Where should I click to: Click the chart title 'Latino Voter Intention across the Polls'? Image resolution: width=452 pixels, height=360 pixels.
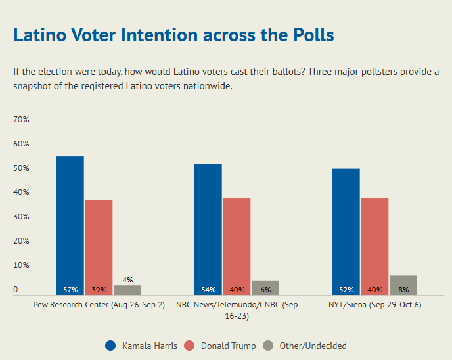[x=173, y=35]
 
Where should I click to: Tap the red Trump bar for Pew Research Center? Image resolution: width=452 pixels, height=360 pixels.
[x=99, y=247]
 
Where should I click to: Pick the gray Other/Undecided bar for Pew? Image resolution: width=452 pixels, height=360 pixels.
[x=127, y=290]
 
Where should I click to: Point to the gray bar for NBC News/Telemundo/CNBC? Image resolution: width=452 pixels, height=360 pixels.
[x=265, y=288]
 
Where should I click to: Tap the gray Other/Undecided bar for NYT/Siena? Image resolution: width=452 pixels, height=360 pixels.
[x=403, y=285]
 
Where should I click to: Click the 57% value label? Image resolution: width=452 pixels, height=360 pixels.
[x=70, y=290]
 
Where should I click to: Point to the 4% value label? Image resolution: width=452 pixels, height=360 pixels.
[x=127, y=280]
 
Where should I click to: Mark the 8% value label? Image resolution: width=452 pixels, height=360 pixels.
[x=403, y=290]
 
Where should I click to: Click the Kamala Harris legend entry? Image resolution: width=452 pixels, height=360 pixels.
[x=141, y=346]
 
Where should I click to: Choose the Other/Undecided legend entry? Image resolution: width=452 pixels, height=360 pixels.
[x=304, y=346]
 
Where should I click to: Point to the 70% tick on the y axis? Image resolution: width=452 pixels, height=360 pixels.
[x=21, y=120]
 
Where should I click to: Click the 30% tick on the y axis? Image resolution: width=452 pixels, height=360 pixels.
[x=21, y=217]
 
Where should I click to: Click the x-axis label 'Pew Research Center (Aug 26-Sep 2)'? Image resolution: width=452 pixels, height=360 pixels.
[x=99, y=305]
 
